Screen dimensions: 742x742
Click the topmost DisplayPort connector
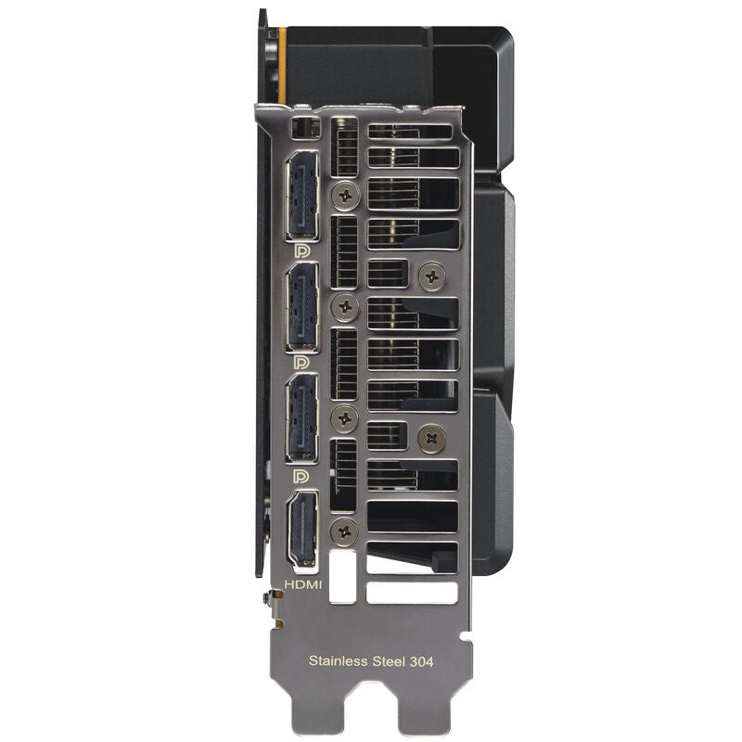302,195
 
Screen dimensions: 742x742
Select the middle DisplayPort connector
302,307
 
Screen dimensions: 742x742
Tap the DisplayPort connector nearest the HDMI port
302,418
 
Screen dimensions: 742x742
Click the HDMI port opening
302,529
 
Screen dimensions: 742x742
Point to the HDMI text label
303,584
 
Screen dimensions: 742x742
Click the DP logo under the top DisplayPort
301,250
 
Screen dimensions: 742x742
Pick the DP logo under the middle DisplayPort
301,363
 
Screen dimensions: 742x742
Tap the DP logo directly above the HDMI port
301,476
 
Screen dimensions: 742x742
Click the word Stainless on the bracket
338,660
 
